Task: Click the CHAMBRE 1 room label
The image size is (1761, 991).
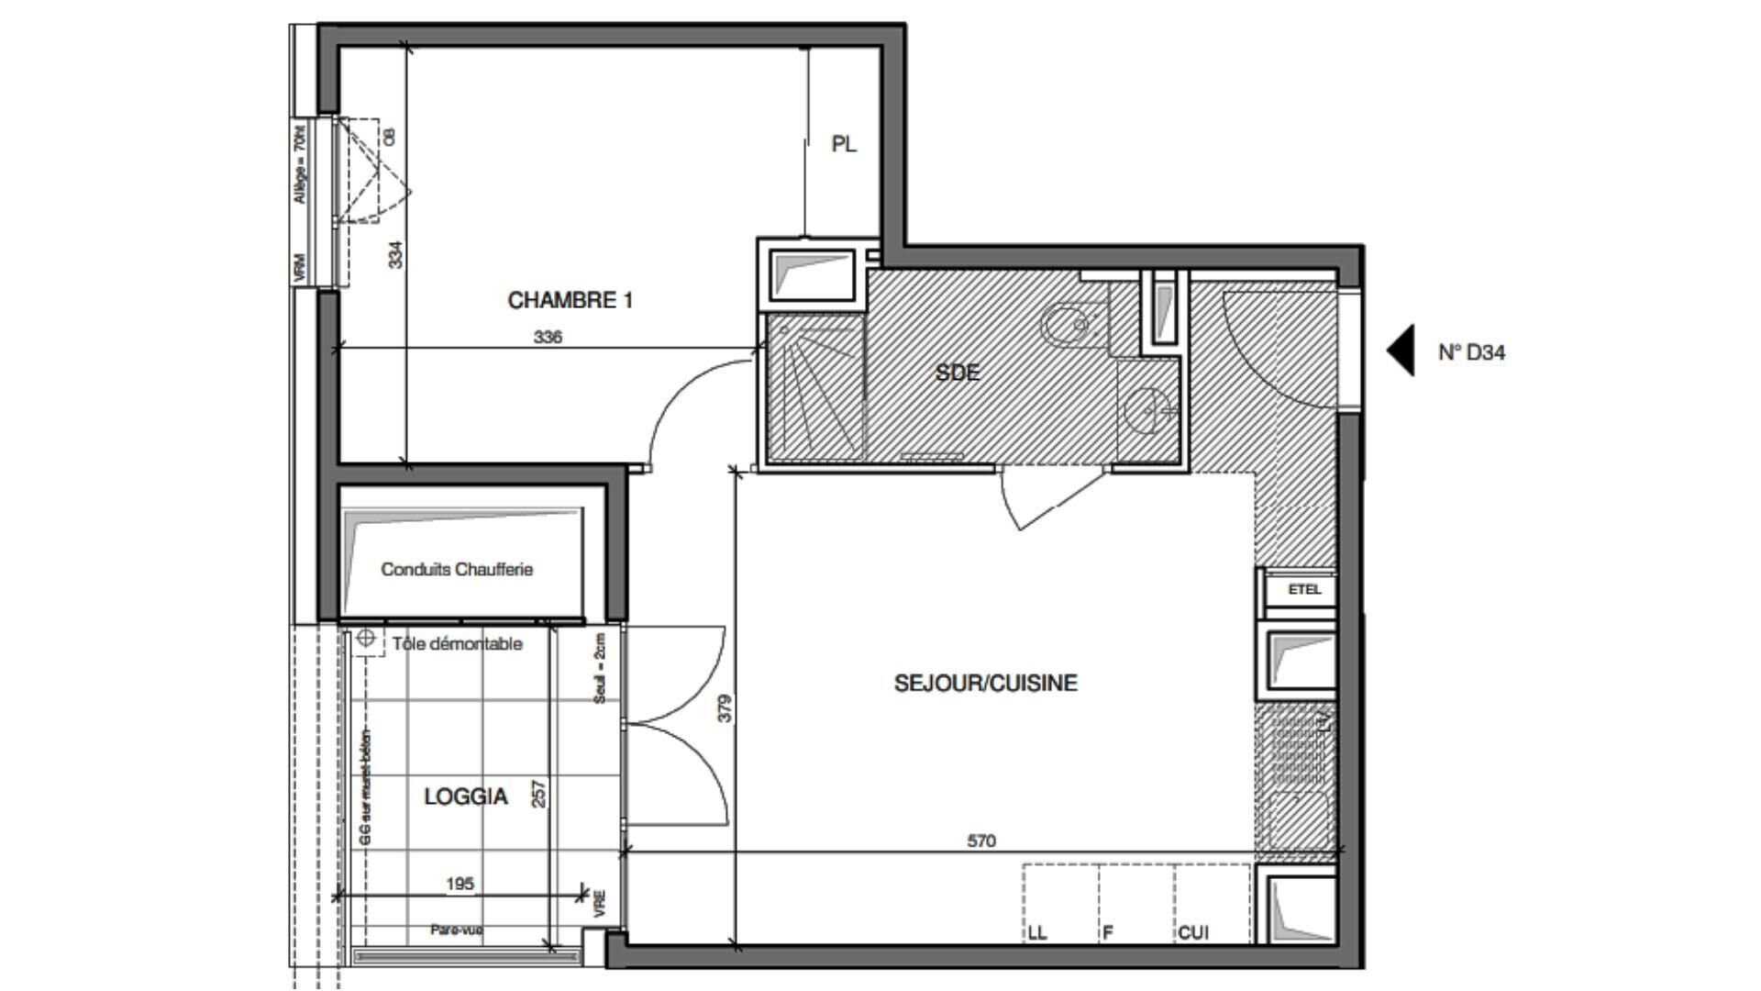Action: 570,300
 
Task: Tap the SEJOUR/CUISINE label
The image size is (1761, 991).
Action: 985,683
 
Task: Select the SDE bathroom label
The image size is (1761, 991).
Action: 958,373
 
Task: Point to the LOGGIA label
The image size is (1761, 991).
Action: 465,796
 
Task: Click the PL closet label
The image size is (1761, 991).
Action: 844,145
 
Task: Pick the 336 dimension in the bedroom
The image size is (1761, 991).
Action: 548,337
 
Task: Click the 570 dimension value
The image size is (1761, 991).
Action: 980,841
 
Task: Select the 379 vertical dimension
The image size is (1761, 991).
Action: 725,708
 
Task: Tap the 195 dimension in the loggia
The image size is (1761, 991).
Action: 460,884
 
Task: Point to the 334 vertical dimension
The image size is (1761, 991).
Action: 395,254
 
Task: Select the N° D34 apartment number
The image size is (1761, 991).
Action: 1471,352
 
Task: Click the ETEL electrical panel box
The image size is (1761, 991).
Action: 1303,590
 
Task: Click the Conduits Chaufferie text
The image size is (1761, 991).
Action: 457,569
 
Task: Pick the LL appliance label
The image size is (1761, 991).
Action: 1036,933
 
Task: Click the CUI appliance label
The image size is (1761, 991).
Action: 1193,933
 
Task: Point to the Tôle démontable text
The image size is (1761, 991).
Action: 457,644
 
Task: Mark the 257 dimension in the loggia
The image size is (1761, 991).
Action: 539,794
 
